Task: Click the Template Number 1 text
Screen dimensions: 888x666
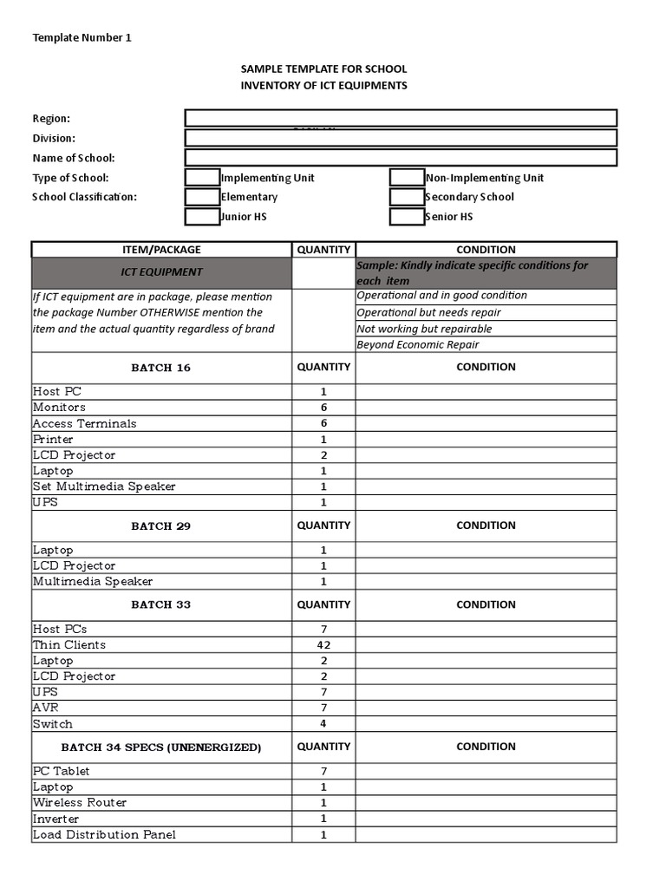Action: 82,37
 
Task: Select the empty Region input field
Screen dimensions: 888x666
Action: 401,118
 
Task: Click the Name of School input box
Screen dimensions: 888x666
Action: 401,157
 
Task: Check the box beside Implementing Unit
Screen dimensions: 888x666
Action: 202,178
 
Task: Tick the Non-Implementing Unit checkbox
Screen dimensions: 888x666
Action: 407,178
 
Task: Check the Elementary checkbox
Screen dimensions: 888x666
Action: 202,197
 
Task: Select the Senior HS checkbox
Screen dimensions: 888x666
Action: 407,217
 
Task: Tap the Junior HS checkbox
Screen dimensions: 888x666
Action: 202,217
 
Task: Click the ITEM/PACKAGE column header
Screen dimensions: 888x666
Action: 161,250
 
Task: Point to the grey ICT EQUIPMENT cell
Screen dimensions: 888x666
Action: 161,272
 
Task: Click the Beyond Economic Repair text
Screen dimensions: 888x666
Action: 418,345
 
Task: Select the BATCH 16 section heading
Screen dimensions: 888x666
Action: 161,368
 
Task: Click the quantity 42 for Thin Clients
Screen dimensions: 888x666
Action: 323,645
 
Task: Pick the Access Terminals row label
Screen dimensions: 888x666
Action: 85,424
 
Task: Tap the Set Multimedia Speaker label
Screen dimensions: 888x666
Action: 104,486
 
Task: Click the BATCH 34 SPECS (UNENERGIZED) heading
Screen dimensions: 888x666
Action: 161,748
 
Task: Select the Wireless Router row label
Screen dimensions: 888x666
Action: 80,803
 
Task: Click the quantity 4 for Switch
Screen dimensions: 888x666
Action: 323,724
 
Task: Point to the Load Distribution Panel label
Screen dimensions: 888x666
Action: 104,835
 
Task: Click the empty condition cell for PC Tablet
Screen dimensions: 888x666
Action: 486,772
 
